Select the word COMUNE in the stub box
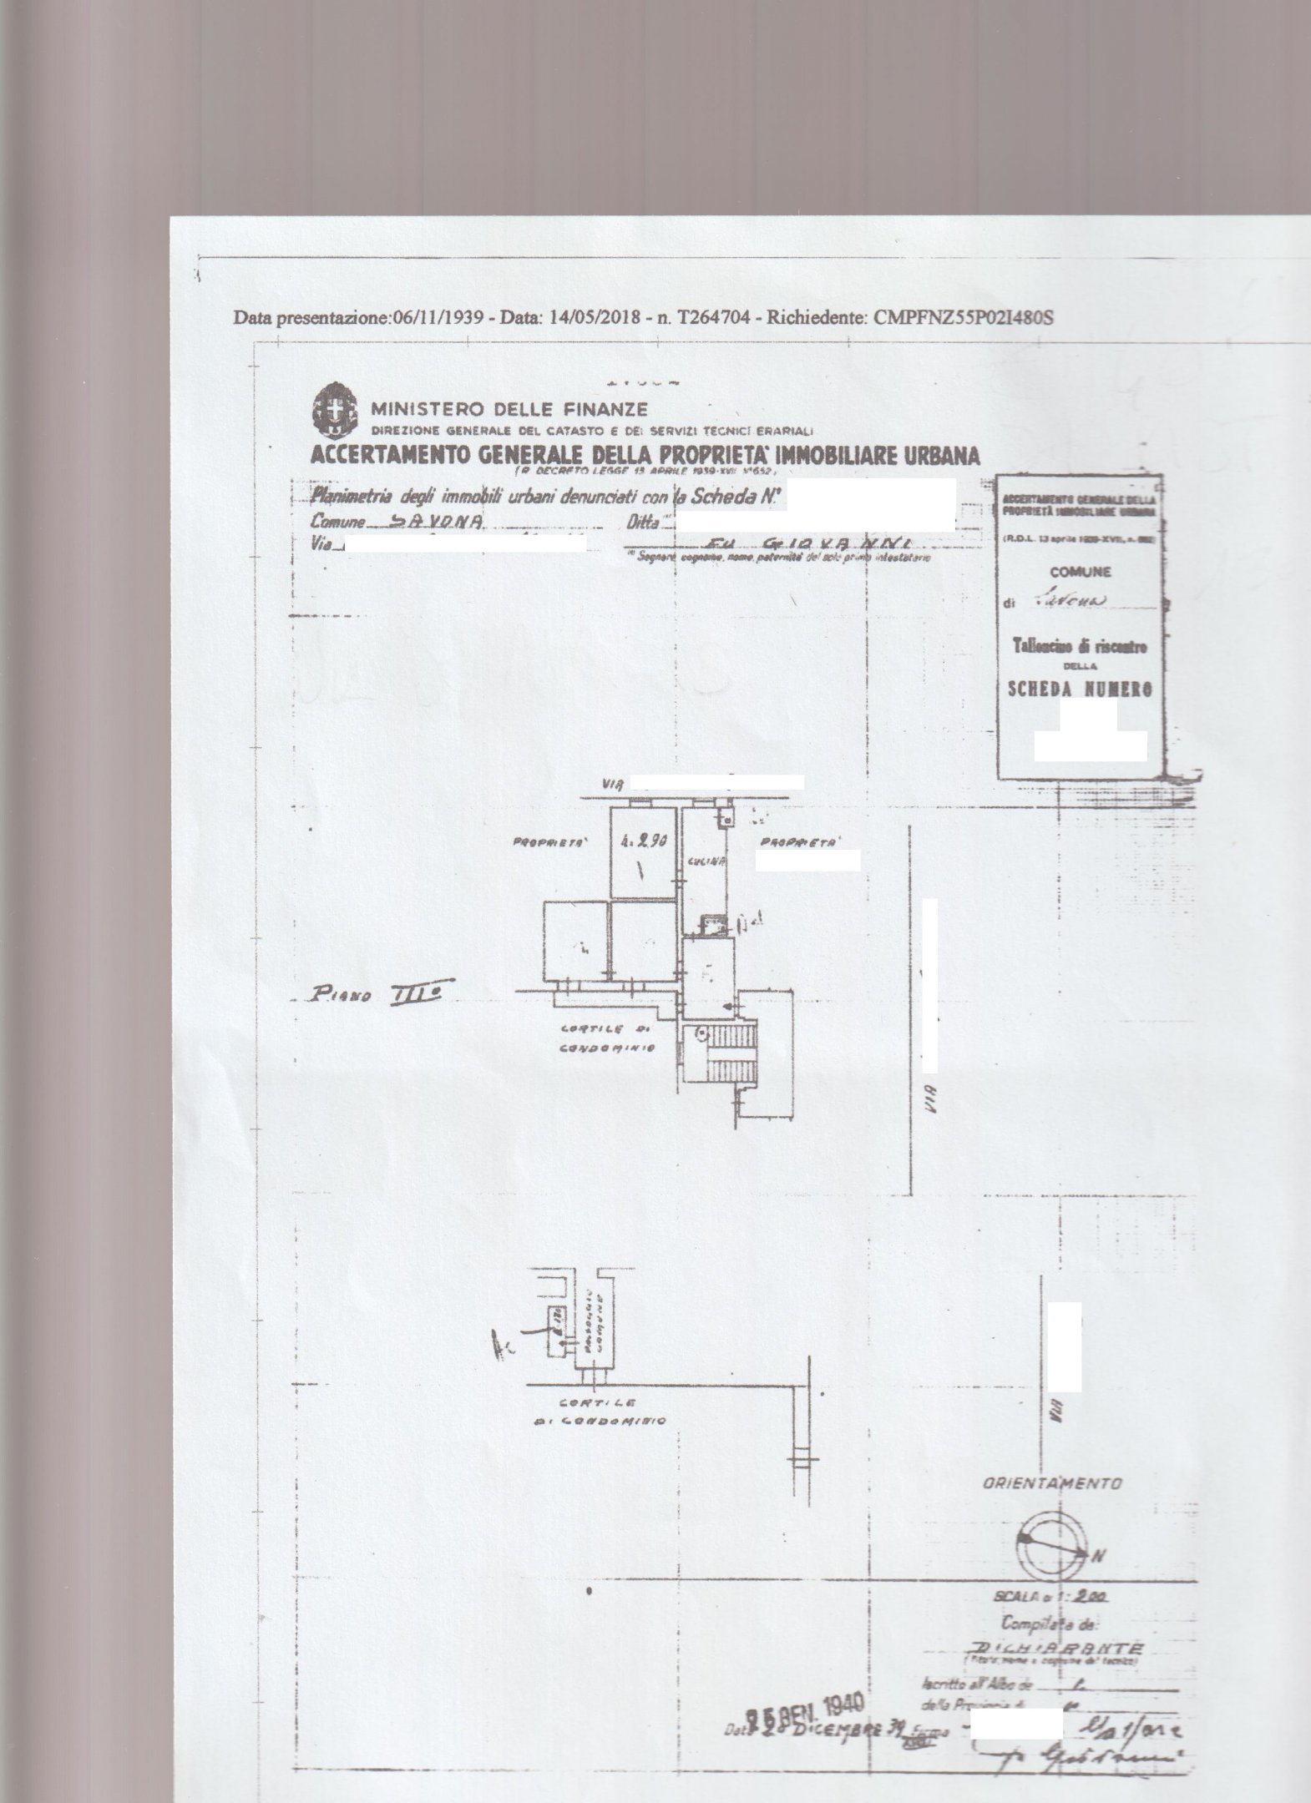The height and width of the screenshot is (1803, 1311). [x=1081, y=573]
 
